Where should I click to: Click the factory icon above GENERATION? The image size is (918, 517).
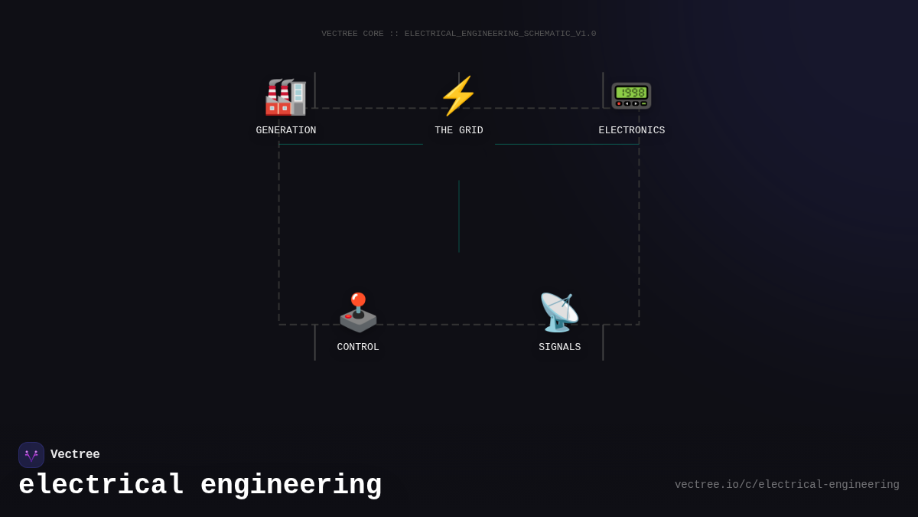tap(285, 97)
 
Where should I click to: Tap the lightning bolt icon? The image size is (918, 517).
tap(458, 96)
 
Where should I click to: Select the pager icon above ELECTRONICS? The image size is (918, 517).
tap(631, 95)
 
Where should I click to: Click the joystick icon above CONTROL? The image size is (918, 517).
tap(358, 312)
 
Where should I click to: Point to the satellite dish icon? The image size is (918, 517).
tap(559, 312)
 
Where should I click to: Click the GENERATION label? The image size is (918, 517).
tap(286, 130)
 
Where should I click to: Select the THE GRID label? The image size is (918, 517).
tap(459, 130)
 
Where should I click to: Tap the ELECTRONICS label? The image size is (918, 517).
tap(632, 130)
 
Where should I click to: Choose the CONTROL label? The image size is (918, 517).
tap(358, 347)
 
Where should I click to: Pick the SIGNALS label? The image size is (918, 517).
tap(560, 347)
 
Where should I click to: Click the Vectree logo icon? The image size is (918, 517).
tap(31, 455)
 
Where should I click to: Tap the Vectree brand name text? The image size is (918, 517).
tap(75, 455)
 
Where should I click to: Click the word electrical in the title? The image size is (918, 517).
tap(102, 486)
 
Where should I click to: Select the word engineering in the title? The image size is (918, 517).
tap(291, 486)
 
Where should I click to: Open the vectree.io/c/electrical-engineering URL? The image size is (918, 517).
tap(786, 485)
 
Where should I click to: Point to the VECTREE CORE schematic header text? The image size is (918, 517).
tap(459, 34)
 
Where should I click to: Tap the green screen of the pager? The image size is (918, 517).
tap(631, 92)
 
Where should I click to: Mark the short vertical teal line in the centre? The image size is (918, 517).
tap(459, 216)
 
